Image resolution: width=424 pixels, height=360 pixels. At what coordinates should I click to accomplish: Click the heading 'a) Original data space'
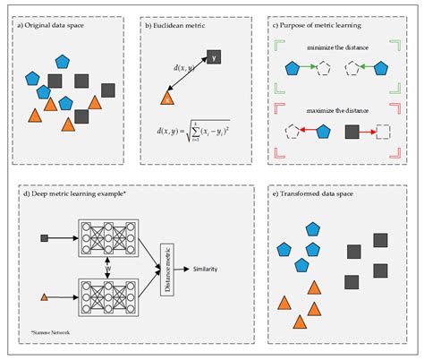point(56,26)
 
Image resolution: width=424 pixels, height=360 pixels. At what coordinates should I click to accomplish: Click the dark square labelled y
point(215,58)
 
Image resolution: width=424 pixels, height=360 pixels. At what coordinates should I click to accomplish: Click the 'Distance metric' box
point(166,267)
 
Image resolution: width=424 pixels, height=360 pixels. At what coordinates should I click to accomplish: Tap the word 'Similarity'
point(211,267)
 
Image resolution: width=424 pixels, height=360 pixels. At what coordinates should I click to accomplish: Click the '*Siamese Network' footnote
point(49,331)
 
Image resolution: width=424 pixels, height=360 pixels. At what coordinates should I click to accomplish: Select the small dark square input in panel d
point(45,237)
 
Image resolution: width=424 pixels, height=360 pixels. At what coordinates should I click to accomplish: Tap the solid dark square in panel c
point(352,131)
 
